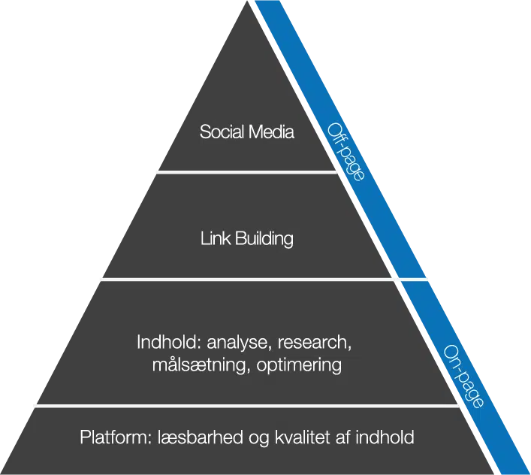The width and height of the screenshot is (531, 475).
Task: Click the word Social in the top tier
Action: [x=222, y=132]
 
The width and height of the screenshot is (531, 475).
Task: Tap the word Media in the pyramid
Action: [x=270, y=132]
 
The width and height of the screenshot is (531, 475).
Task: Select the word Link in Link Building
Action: [x=216, y=239]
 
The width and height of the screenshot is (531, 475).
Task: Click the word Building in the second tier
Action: [x=264, y=240]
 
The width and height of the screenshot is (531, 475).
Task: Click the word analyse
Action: [x=237, y=343]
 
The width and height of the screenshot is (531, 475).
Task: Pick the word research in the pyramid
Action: [x=315, y=343]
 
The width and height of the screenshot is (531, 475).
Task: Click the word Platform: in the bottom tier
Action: [x=116, y=437]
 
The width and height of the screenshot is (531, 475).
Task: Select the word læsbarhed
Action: [x=197, y=437]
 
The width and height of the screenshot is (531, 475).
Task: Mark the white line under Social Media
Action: [x=244, y=171]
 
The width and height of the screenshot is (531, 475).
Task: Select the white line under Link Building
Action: [x=248, y=280]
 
